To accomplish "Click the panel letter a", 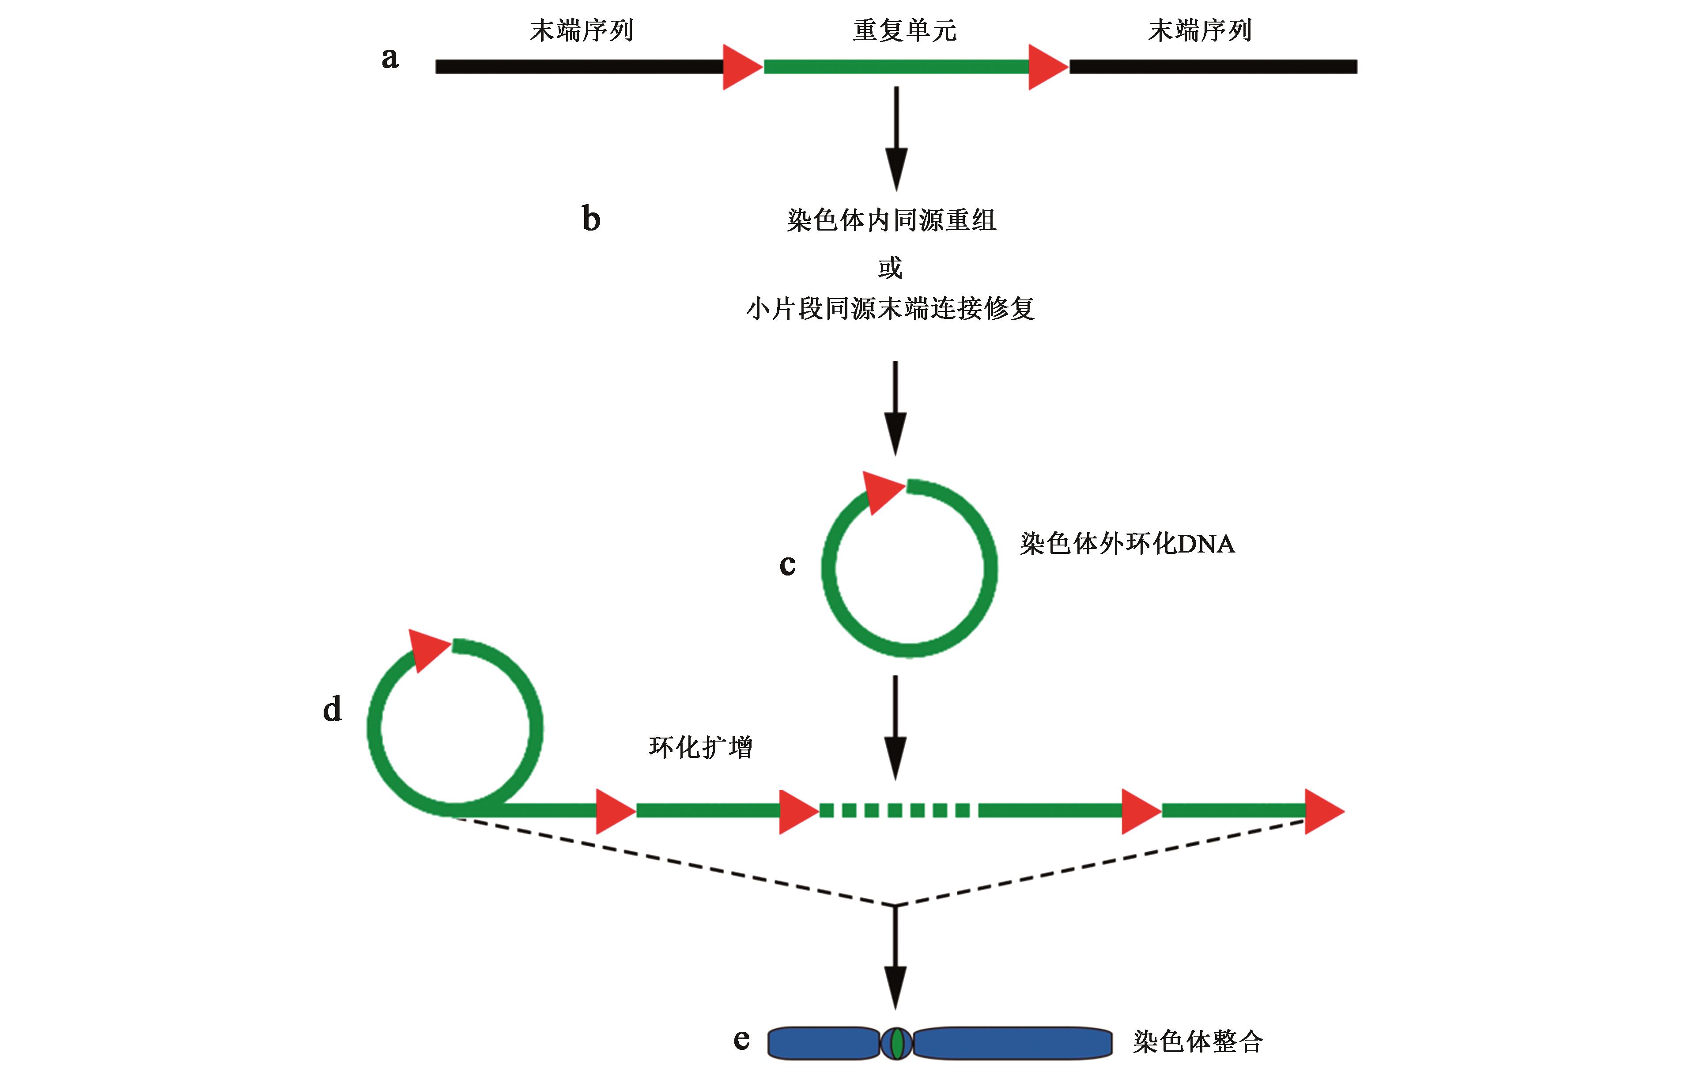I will tap(390, 58).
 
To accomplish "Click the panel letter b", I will tap(591, 219).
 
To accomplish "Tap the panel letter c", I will tap(787, 565).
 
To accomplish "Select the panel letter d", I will tap(332, 709).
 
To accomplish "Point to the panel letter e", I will tap(741, 1039).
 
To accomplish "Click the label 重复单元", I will tap(904, 30).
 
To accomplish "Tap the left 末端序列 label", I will tap(581, 30).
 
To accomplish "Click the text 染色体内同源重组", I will tap(891, 220).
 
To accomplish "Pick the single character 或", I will tap(890, 268).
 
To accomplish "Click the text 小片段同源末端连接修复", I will tap(890, 309).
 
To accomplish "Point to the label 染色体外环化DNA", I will tap(1127, 544).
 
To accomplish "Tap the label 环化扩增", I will tap(700, 747).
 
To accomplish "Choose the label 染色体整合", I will tap(1198, 1041).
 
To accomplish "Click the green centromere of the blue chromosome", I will tap(897, 1043).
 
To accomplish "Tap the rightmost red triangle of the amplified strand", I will tap(1323, 811).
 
